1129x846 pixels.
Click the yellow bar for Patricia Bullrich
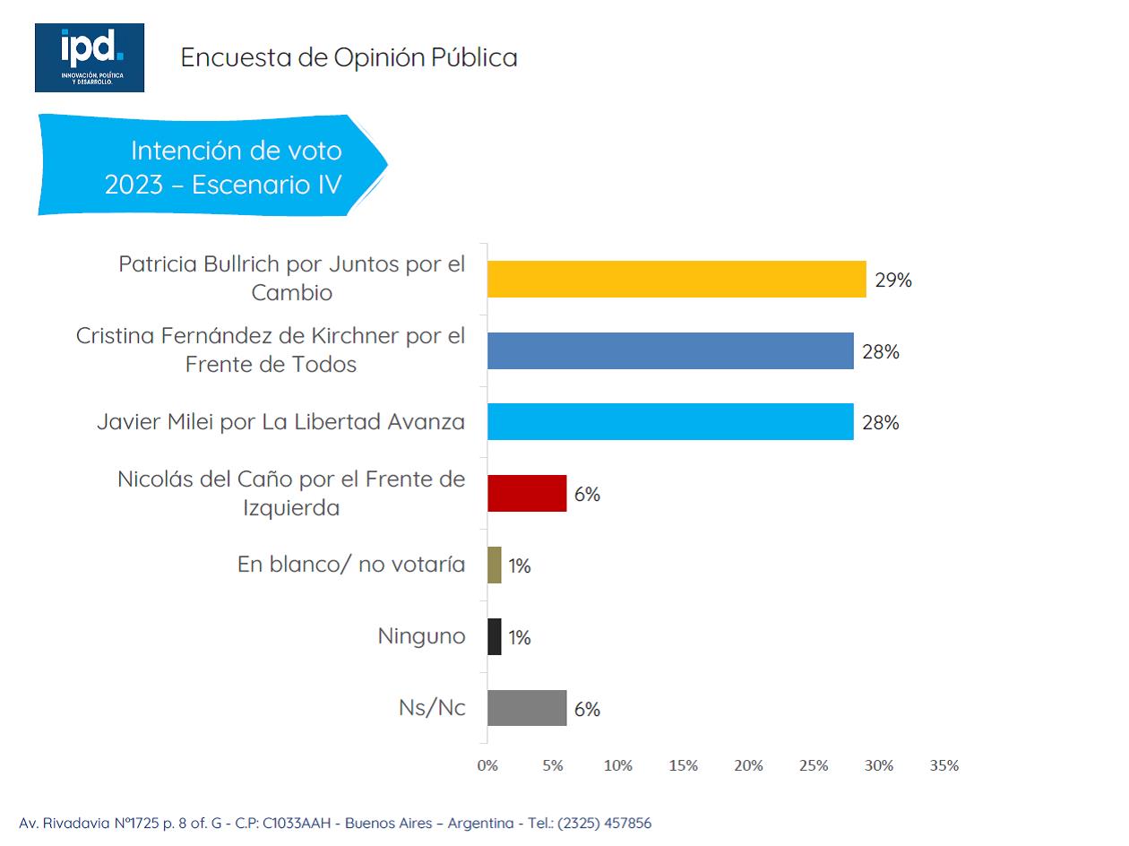pos(677,280)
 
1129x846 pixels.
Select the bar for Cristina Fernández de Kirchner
pos(670,350)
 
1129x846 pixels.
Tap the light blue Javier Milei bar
pos(670,422)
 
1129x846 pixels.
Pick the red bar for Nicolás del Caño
pos(527,493)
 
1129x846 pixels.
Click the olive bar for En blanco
pos(495,565)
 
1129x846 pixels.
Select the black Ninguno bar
pos(495,636)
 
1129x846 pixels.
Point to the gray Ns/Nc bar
pos(527,708)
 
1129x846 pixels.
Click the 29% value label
pos(893,281)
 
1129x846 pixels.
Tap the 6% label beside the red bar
pos(587,494)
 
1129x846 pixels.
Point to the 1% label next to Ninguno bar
pos(520,638)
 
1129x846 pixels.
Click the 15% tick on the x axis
pos(683,765)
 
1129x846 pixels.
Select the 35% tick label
pos(944,765)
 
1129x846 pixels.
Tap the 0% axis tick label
pos(487,765)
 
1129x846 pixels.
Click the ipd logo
pos(90,57)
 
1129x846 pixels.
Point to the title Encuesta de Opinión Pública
pos(349,57)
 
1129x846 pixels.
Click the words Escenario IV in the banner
pos(266,185)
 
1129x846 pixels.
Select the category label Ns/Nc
pos(432,708)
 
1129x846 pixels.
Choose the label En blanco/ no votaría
pos(351,565)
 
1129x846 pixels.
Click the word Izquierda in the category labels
pos(291,508)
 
